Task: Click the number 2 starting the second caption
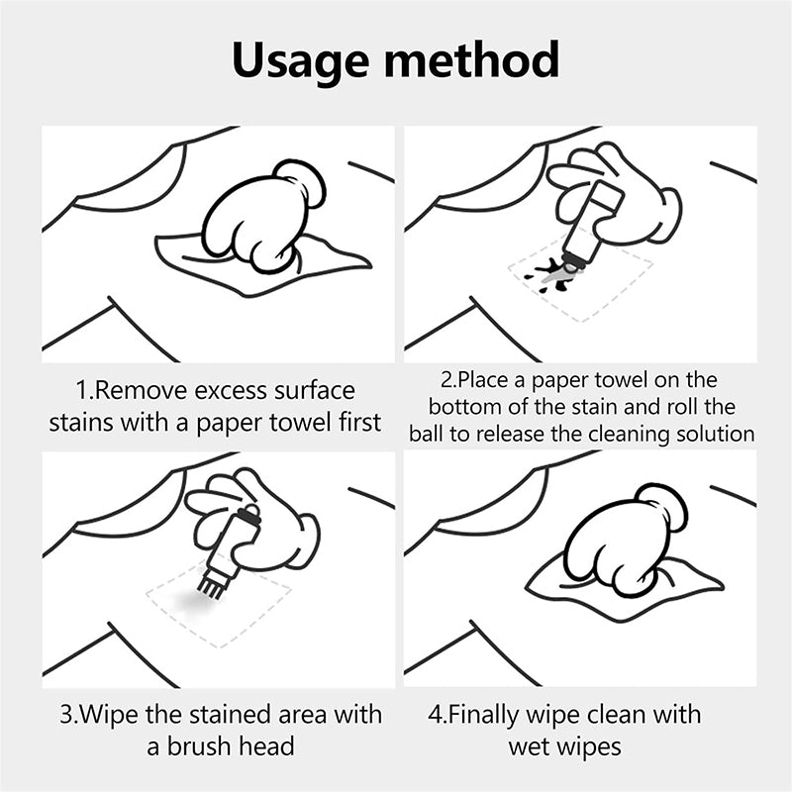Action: [x=445, y=380]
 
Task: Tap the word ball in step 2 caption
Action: [x=429, y=434]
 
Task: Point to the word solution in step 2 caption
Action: [x=720, y=434]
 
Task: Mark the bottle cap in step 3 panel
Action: [x=247, y=513]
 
